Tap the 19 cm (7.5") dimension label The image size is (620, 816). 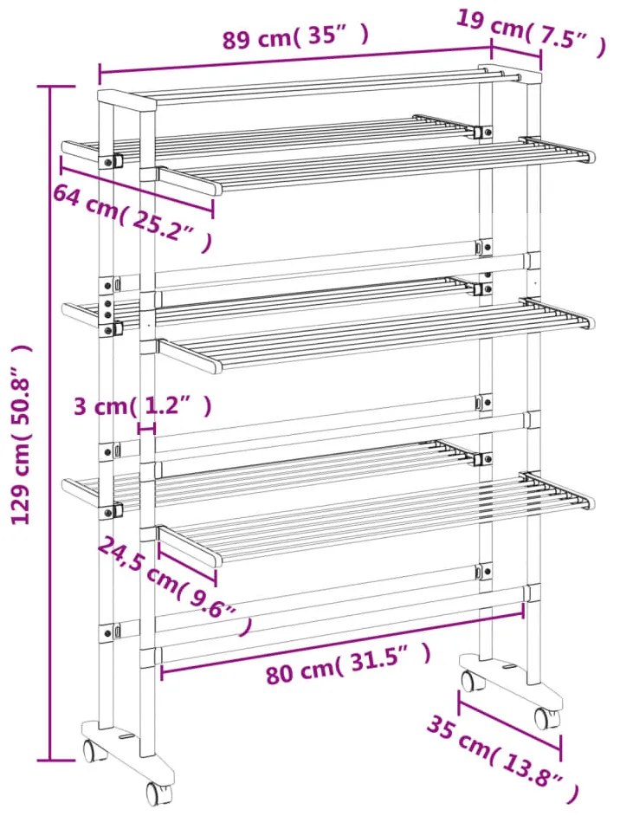point(531,32)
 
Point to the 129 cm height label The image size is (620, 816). point(22,434)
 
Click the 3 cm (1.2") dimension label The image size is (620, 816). point(143,406)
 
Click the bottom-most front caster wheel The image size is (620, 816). point(158,791)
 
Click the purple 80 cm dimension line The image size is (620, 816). point(343,640)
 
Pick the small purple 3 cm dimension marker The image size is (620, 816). point(146,428)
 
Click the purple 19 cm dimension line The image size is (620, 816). point(516,55)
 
